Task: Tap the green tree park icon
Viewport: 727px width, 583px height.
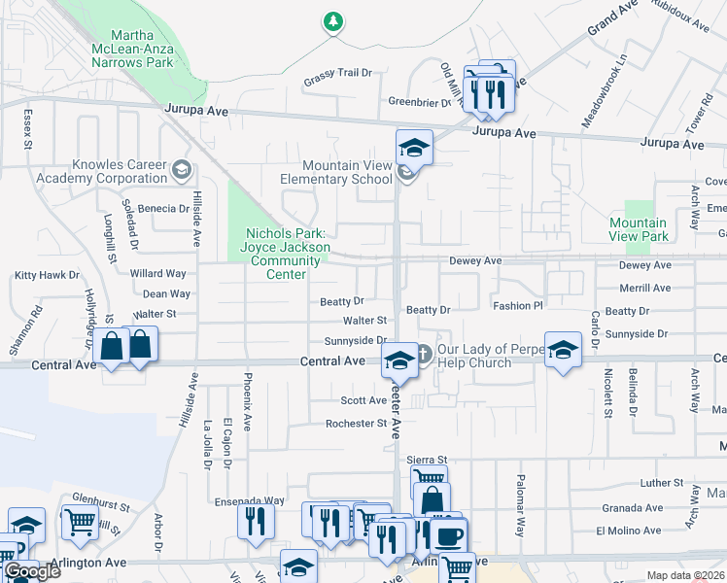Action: [x=333, y=21]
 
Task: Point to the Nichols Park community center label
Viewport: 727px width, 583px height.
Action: [x=286, y=254]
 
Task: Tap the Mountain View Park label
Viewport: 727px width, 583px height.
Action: [x=638, y=229]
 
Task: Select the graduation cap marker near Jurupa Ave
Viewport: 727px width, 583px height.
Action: [x=414, y=148]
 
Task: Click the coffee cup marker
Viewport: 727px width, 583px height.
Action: [x=448, y=535]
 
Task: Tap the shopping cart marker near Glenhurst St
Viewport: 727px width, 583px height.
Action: [x=81, y=523]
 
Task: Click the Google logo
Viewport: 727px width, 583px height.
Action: [x=31, y=571]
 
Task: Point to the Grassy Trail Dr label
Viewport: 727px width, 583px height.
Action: [x=337, y=73]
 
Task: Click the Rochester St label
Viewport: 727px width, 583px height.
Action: [x=357, y=424]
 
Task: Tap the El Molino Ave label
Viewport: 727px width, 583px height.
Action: [x=629, y=531]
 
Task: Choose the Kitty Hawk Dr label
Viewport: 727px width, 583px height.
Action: [x=47, y=275]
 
